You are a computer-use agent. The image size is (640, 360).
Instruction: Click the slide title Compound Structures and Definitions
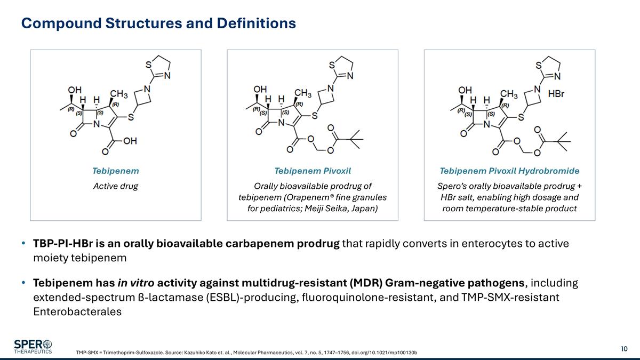click(158, 23)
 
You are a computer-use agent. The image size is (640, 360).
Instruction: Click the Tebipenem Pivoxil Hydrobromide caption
click(509, 171)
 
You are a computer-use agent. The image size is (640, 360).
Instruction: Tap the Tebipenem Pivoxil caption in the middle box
click(313, 171)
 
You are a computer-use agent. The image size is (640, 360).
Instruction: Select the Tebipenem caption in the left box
click(116, 171)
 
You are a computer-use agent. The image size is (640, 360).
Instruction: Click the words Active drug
click(116, 186)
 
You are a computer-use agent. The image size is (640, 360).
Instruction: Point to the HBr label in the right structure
click(556, 94)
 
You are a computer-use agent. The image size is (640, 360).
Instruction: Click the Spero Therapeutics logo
click(33, 346)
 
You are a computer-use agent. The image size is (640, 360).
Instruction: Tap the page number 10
click(624, 349)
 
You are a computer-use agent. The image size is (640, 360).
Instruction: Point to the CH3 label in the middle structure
click(302, 93)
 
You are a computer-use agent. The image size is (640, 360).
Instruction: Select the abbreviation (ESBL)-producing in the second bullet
click(253, 297)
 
